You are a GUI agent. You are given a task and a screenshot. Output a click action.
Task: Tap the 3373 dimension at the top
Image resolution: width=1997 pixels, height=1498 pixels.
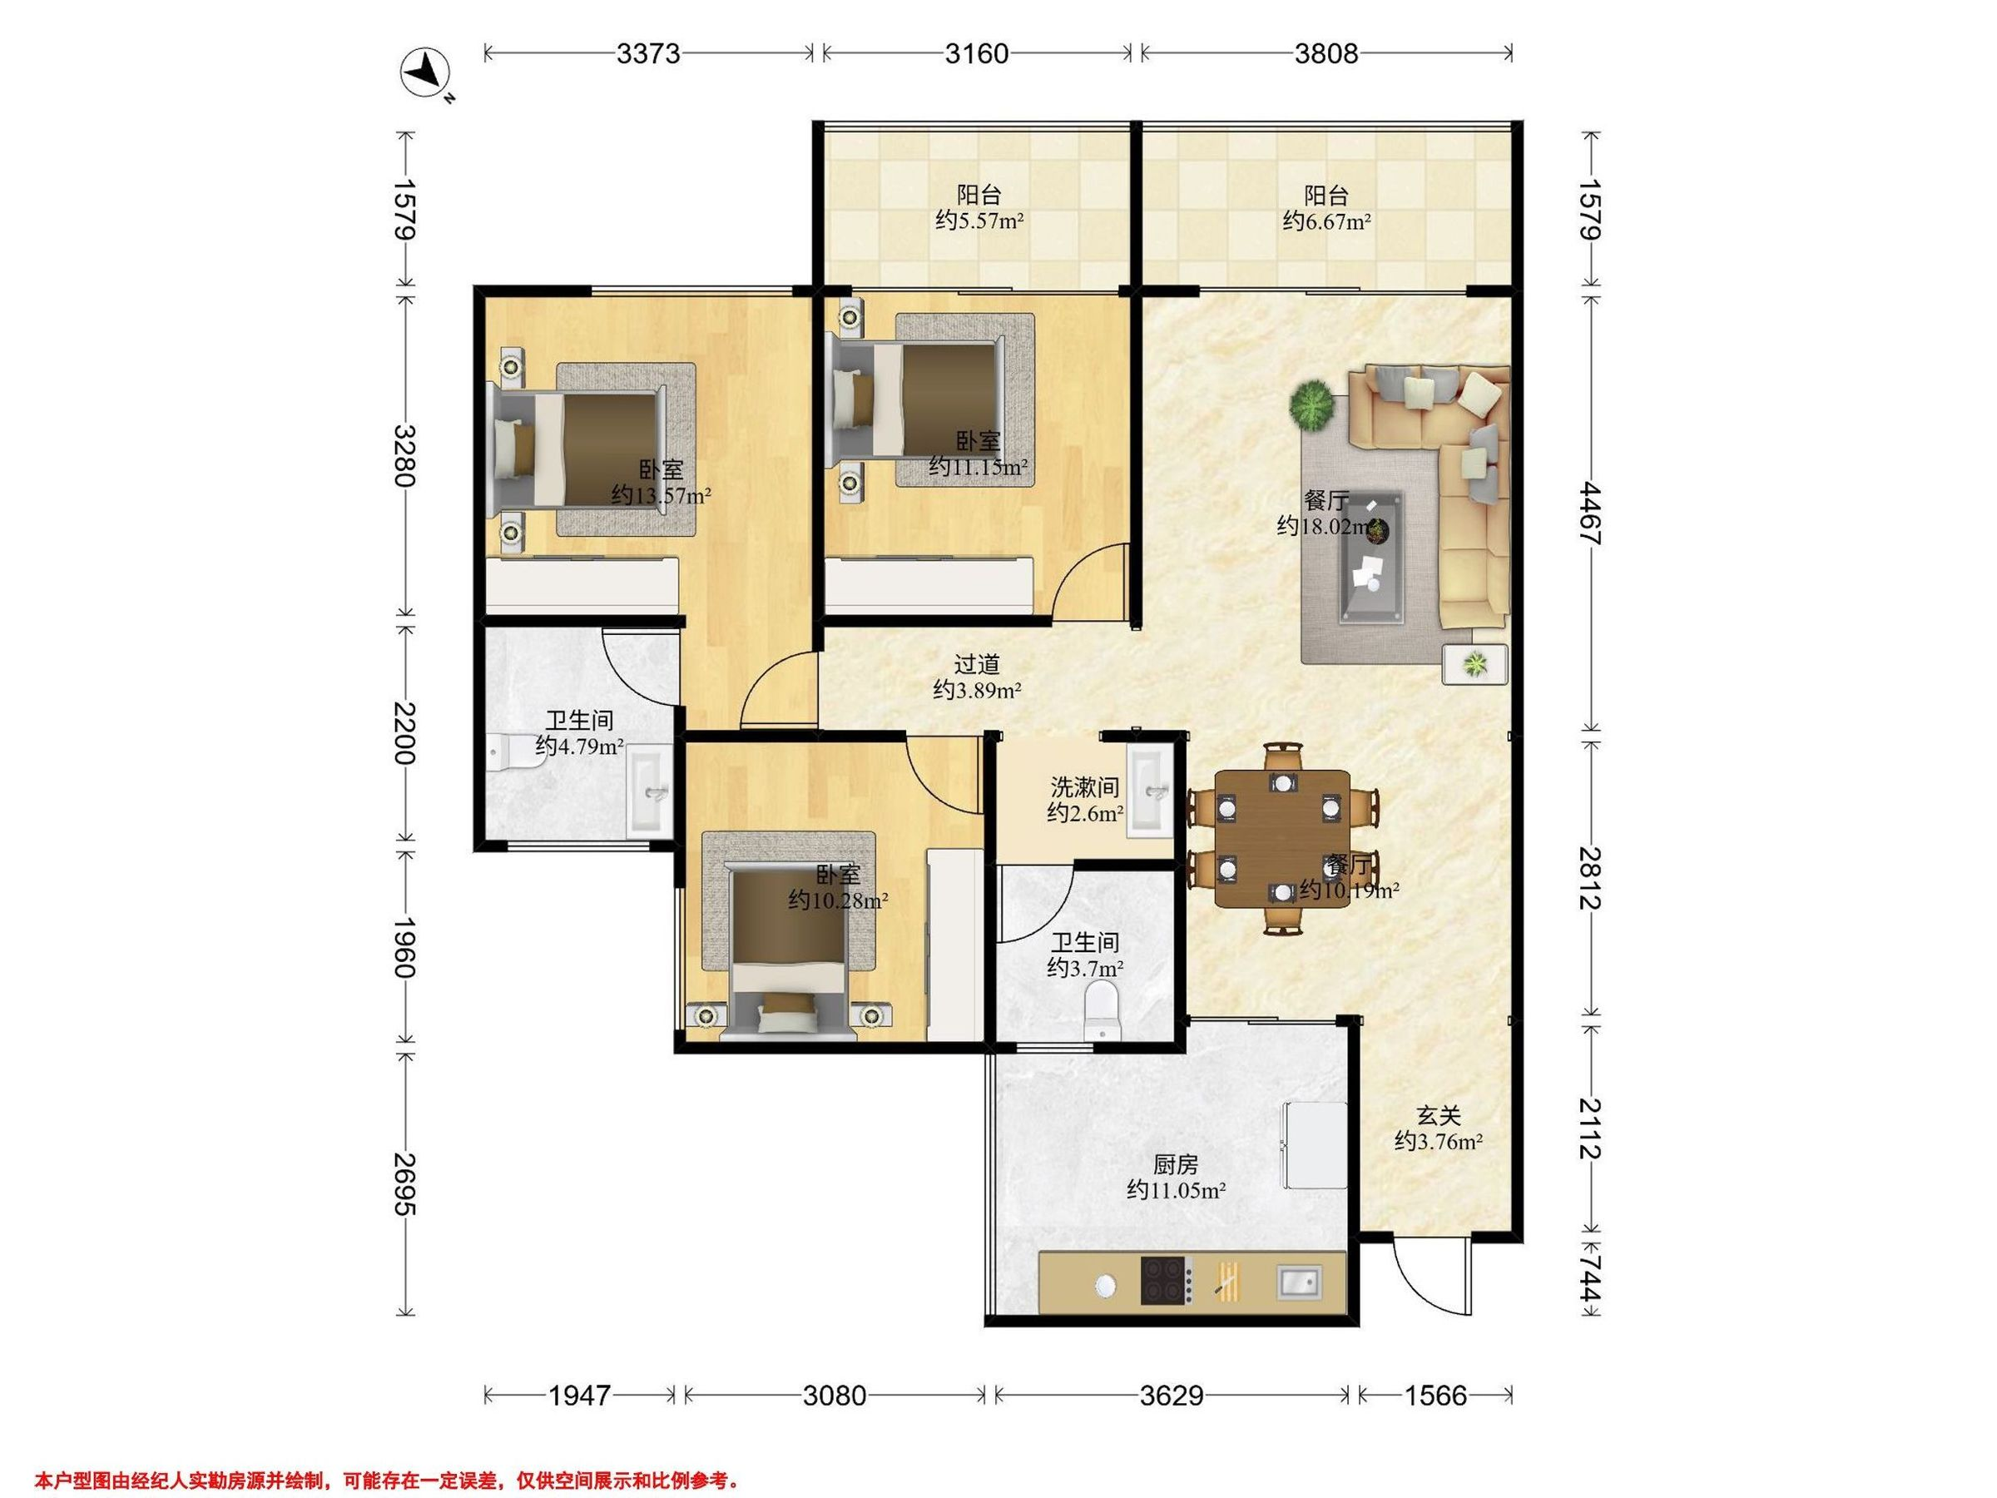pyautogui.click(x=648, y=54)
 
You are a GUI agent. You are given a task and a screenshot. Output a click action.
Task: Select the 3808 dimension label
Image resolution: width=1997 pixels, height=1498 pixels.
pyautogui.click(x=1326, y=54)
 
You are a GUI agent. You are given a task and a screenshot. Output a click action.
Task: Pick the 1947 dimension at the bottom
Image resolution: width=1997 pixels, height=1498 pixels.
pyautogui.click(x=580, y=1396)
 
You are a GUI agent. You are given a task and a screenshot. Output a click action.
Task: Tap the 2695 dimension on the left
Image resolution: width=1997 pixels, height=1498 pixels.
pyautogui.click(x=404, y=1183)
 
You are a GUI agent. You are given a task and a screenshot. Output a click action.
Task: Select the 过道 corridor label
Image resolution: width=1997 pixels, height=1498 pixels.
pyautogui.click(x=977, y=665)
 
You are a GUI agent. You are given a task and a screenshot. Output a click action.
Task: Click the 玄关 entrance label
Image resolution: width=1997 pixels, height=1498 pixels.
pyautogui.click(x=1438, y=1116)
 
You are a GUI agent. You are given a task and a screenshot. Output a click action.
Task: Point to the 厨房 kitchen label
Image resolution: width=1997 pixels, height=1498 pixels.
pyautogui.click(x=1176, y=1165)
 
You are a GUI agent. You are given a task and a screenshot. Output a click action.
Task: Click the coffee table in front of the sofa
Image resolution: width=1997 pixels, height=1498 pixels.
pyautogui.click(x=1371, y=557)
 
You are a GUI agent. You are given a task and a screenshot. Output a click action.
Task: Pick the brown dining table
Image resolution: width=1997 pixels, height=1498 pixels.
pyautogui.click(x=1283, y=839)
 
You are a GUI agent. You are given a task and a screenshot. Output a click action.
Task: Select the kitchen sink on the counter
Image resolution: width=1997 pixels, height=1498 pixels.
pyautogui.click(x=1298, y=1281)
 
